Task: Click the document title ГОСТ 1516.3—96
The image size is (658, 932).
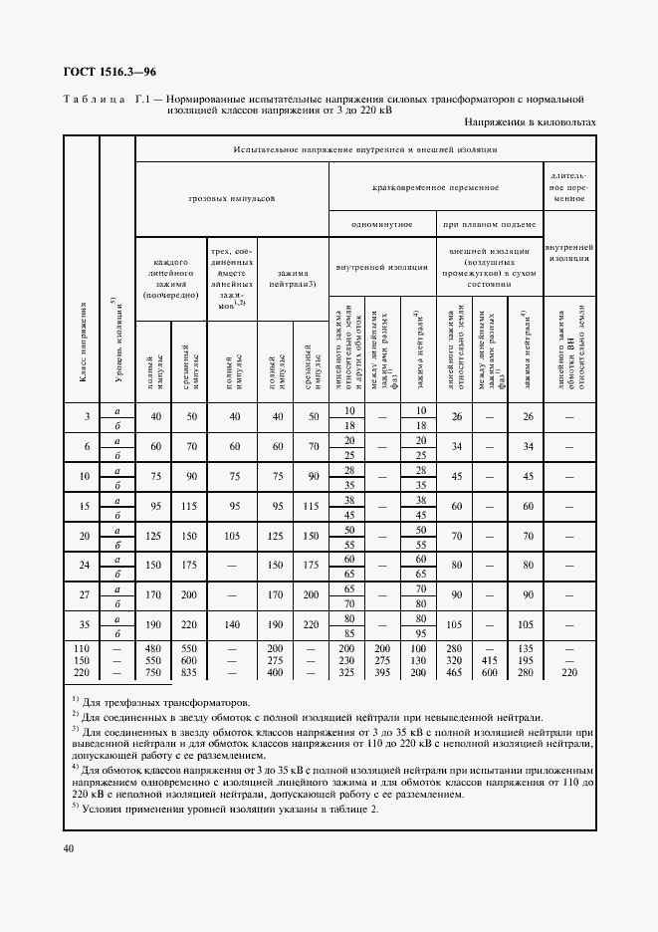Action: pos(108,72)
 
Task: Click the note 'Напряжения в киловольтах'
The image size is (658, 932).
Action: pos(529,122)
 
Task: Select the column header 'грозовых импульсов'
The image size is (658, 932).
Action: pos(231,198)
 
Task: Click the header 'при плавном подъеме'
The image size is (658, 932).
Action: pos(489,225)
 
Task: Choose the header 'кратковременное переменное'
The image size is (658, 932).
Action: pos(435,186)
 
